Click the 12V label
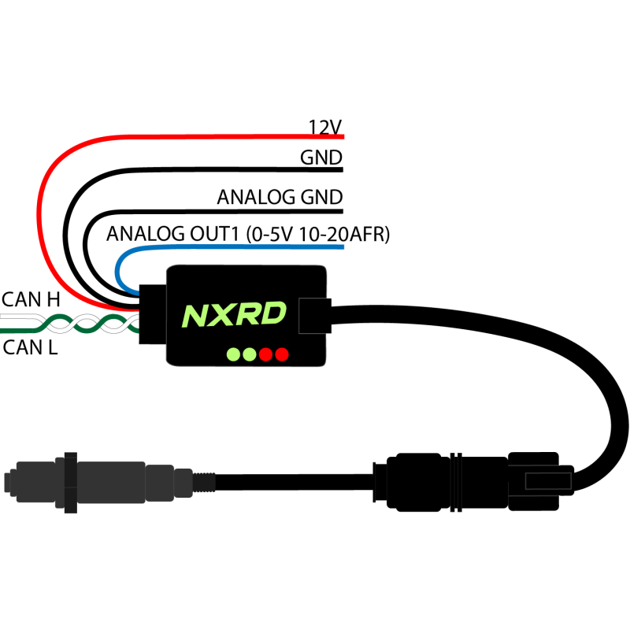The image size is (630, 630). click(324, 127)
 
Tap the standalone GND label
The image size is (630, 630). click(321, 157)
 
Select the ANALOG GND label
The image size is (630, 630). click(280, 197)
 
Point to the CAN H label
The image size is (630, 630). click(31, 299)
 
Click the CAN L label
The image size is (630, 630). click(30, 347)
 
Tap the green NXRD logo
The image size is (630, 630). click(234, 314)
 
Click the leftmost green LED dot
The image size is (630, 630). click(233, 354)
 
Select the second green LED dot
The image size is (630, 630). click(250, 354)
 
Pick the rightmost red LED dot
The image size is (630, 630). click(282, 354)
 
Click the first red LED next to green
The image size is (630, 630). click(266, 354)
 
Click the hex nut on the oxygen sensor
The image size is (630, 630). click(71, 482)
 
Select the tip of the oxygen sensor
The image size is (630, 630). click(10, 482)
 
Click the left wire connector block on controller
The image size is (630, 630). click(153, 314)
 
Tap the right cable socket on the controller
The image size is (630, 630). click(315, 316)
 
